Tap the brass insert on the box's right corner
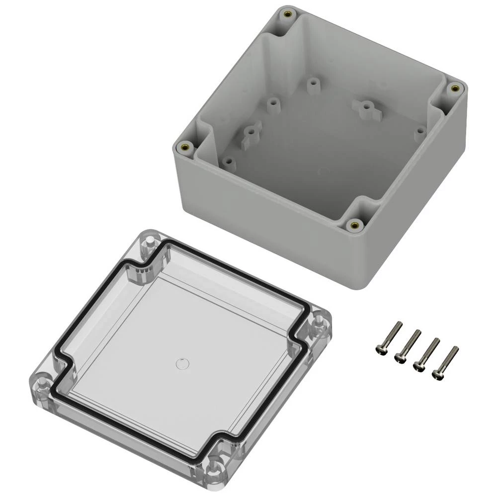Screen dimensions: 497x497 (x=453, y=88)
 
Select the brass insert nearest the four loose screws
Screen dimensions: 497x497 (x=354, y=225)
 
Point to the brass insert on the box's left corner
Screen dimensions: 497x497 (x=185, y=147)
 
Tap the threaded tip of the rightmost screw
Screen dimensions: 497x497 (x=455, y=349)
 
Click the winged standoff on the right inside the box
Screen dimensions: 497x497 (x=366, y=106)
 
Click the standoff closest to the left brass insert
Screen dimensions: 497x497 (x=228, y=162)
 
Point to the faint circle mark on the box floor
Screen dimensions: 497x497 (x=323, y=172)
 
